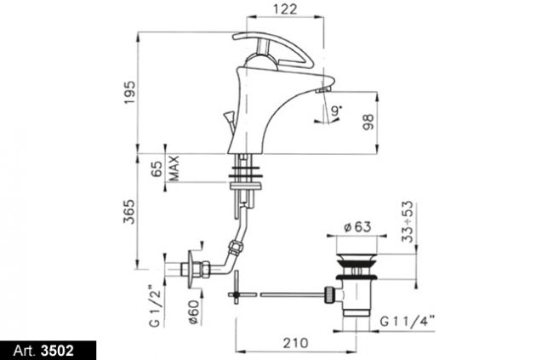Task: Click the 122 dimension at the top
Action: [285, 9]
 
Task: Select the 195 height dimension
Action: [130, 93]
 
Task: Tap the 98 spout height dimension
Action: [368, 122]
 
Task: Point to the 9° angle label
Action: [336, 111]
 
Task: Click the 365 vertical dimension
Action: [129, 211]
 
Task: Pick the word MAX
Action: [174, 169]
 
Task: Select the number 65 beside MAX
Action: [157, 169]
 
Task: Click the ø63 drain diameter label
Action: [357, 227]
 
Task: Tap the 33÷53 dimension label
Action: [408, 221]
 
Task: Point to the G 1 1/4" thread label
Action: [408, 322]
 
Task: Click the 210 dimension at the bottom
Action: [295, 343]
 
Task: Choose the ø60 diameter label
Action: [194, 312]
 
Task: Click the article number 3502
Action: [58, 351]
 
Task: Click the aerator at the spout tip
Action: [322, 91]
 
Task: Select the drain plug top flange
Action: [357, 257]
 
